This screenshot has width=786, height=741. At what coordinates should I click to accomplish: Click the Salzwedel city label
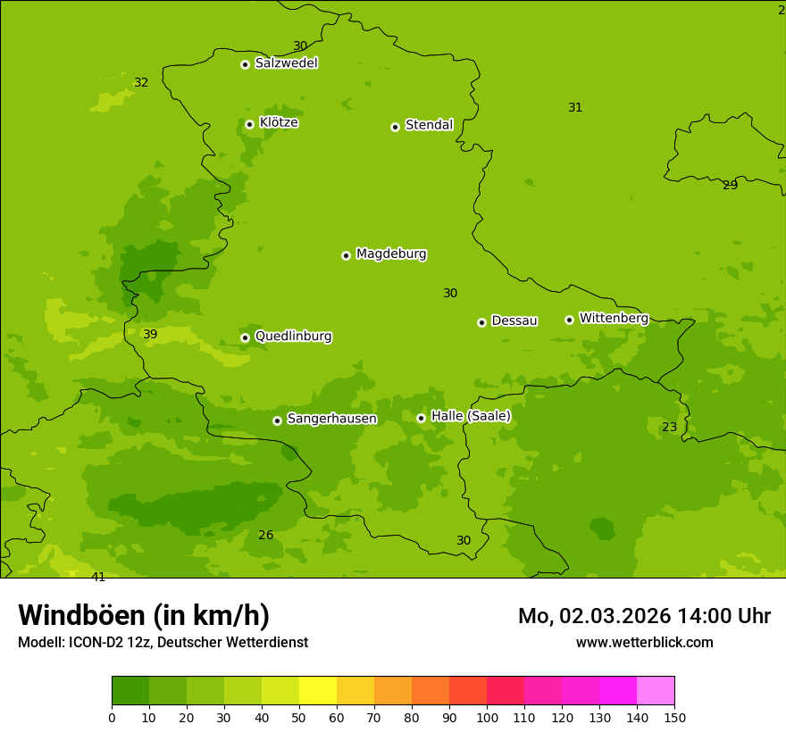pos(286,63)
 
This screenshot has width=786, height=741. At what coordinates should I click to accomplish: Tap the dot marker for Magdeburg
pos(346,255)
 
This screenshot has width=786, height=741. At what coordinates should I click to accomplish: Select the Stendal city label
pos(429,125)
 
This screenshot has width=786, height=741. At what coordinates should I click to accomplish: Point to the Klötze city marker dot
pos(249,124)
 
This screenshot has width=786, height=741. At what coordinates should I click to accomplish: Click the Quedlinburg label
pos(293,337)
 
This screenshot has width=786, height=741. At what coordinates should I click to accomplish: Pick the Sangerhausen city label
pos(331,419)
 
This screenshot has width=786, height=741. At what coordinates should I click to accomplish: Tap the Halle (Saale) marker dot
pos(421,418)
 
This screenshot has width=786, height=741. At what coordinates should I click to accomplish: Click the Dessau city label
pos(514,321)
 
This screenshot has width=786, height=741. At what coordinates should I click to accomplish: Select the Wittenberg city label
pos(614,318)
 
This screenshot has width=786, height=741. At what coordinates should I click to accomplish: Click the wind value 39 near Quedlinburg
pos(150,335)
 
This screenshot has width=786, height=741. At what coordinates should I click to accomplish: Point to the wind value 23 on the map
pos(669,428)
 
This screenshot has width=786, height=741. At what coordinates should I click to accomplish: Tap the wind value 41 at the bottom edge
pos(98,577)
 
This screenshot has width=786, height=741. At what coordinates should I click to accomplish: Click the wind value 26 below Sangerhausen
pos(265,536)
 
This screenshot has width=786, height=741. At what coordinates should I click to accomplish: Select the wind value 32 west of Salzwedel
pos(141,83)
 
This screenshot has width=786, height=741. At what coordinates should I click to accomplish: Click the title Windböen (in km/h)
pos(144,615)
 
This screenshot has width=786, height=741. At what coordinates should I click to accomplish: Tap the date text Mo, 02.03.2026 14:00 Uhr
pos(644,616)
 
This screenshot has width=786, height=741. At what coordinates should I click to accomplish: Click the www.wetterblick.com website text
pos(644,642)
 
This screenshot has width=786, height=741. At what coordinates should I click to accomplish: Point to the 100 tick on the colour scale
pos(487,717)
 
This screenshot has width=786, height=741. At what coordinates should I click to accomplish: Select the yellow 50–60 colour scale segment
pos(318,690)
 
